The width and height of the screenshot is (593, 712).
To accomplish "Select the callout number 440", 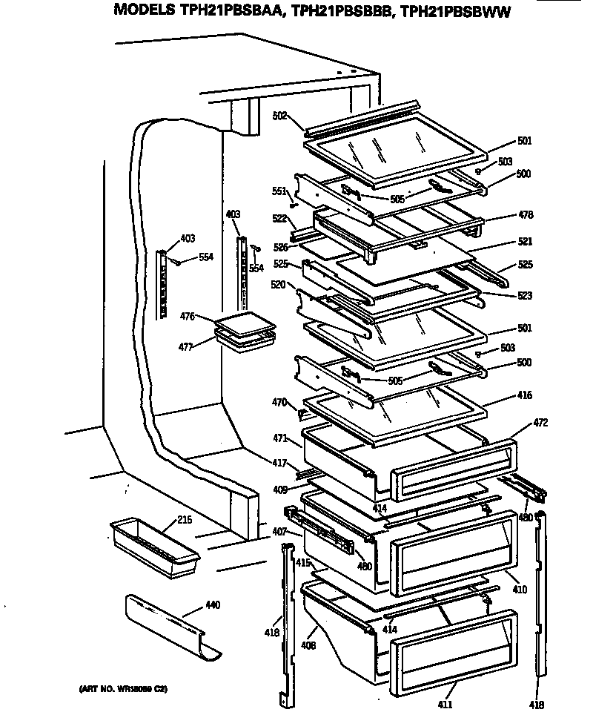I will (x=212, y=605).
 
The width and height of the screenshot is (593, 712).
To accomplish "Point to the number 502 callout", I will (x=280, y=115).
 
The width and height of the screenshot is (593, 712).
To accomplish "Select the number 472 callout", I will (x=540, y=423).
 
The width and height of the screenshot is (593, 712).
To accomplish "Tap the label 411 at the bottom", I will (x=445, y=703).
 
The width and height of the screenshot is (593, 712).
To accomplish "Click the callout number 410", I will (x=520, y=590).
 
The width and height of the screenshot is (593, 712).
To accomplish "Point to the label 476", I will (x=187, y=317).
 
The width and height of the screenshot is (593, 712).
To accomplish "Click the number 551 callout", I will (x=279, y=191).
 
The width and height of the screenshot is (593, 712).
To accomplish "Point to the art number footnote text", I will (x=123, y=689).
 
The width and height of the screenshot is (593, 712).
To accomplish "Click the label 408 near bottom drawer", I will (x=308, y=646).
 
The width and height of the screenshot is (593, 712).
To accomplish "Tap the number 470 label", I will (x=279, y=402).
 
